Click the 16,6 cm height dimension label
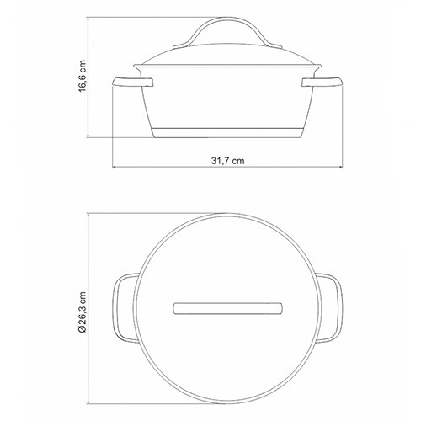point(82,76)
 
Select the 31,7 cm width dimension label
point(227,161)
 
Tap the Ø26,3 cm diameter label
point(83,312)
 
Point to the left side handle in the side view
point(132,82)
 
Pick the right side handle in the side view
point(322,82)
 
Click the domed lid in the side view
point(227,55)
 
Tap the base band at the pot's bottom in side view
point(227,133)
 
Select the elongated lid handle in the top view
point(227,308)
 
